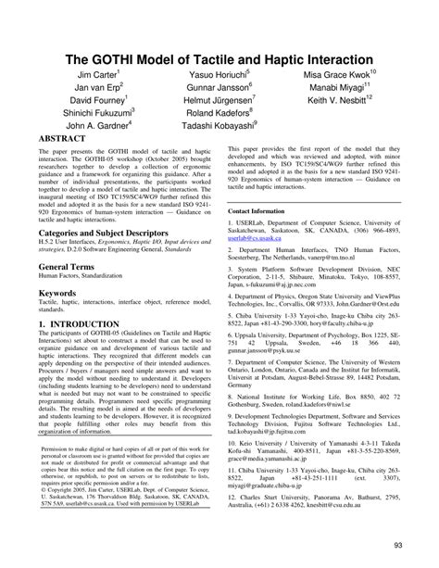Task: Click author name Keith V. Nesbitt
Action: point(339,99)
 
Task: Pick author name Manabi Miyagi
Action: point(340,85)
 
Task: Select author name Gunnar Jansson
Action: point(217,85)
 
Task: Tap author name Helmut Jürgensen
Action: point(219,99)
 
